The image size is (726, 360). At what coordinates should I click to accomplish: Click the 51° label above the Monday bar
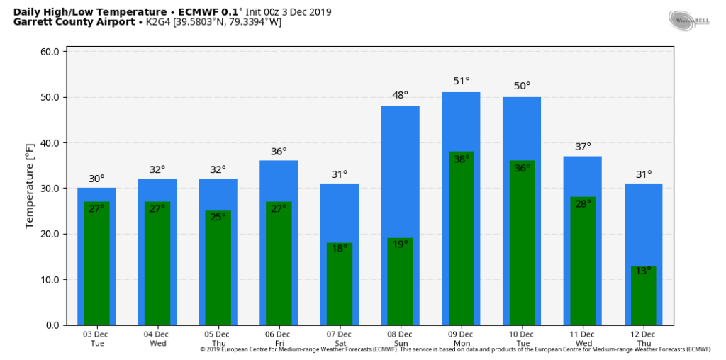(462, 81)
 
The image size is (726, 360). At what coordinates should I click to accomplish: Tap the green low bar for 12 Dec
(643, 298)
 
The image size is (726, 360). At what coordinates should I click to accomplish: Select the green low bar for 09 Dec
(461, 241)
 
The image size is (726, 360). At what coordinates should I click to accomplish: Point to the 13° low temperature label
(643, 271)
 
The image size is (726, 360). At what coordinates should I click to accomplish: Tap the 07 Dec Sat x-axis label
(340, 339)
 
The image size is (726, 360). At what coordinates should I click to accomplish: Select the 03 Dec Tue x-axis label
(96, 339)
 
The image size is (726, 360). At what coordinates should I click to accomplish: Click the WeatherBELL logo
(689, 20)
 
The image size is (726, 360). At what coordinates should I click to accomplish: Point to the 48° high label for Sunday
(401, 95)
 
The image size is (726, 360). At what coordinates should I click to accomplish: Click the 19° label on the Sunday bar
(401, 244)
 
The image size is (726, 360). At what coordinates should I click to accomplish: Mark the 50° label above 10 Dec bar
(522, 86)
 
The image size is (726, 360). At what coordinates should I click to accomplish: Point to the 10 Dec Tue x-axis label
(522, 339)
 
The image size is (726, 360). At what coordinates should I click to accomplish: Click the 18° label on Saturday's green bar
(340, 249)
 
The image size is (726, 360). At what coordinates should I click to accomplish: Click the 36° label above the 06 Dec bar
(279, 152)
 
